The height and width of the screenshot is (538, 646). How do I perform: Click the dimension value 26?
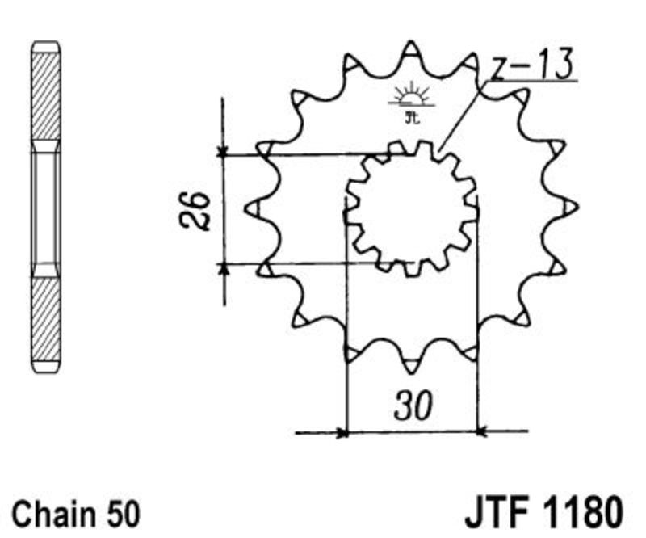195,210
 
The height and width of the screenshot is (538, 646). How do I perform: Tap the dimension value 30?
413,406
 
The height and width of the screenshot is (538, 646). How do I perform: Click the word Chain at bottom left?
53,514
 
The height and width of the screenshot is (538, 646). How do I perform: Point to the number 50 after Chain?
122,515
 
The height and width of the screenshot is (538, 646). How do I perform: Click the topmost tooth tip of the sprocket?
411,42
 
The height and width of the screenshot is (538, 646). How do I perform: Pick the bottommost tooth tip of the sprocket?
410,373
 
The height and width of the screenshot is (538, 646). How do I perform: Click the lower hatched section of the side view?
46,319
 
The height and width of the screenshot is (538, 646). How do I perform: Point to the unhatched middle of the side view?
46,208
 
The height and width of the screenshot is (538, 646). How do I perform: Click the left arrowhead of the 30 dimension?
342,433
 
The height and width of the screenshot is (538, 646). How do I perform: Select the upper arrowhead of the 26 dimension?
223,151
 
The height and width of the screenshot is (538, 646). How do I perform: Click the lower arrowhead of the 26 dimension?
224,268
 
